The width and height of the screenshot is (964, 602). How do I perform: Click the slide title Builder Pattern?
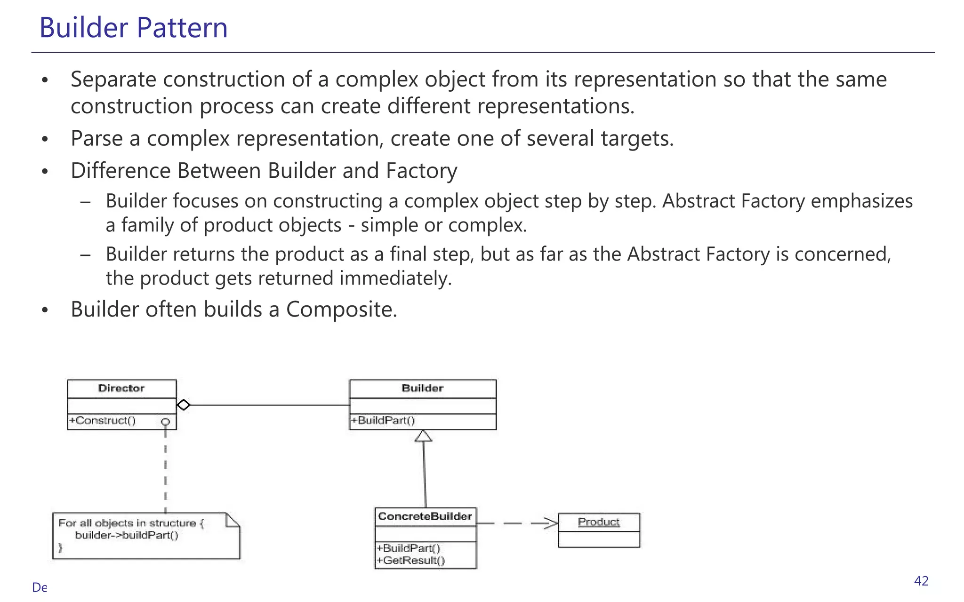[133, 27]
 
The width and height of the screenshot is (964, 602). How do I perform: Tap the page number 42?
[921, 581]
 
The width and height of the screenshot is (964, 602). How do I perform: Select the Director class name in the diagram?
[121, 388]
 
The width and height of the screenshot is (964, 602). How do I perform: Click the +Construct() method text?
[103, 420]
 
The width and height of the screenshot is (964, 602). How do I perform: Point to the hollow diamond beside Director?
[184, 405]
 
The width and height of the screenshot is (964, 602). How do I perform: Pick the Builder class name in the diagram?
[422, 388]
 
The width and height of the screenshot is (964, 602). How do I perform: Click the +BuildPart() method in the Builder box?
[383, 420]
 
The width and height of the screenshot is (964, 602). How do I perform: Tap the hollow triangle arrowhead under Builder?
[424, 436]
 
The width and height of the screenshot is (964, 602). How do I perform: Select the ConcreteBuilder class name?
[425, 516]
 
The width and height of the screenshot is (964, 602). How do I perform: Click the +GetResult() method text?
[410, 561]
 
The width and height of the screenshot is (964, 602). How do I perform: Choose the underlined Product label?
[598, 522]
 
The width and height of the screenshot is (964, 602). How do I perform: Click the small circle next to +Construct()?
[165, 422]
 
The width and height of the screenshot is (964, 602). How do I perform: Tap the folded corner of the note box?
[233, 520]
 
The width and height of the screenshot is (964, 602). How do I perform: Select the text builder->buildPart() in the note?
[127, 535]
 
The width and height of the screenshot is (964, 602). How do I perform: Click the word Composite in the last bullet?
[341, 309]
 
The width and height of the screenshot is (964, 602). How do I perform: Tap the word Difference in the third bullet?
[120, 171]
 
